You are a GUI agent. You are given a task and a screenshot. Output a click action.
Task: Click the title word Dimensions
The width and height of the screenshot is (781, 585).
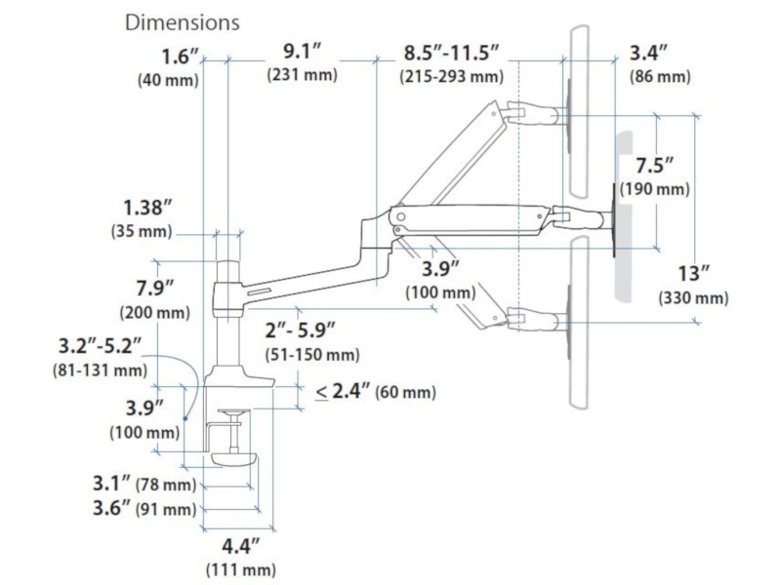(x=183, y=21)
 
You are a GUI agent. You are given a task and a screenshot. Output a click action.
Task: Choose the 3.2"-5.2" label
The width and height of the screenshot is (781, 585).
(x=101, y=345)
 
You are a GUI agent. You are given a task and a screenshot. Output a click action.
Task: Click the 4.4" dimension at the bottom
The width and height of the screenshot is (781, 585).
(x=238, y=546)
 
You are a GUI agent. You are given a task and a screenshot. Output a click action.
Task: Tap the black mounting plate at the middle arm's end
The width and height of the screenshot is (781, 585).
(x=615, y=219)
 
